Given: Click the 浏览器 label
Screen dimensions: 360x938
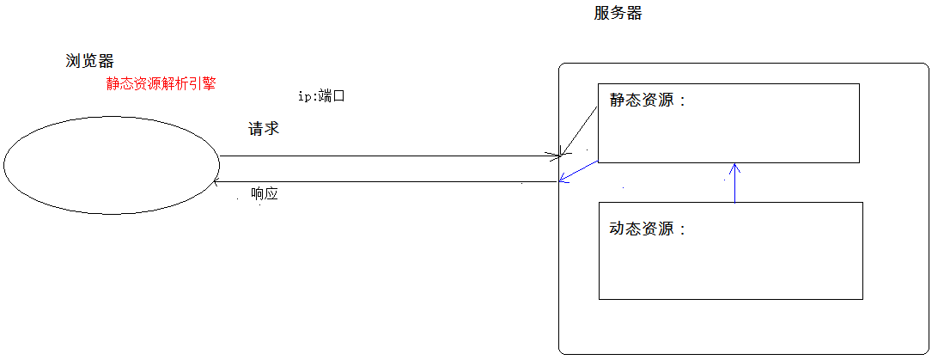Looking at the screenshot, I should coord(90,61).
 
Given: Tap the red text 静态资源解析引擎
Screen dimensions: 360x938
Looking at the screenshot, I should coord(161,84).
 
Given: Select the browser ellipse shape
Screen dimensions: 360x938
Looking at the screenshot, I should coord(112,167).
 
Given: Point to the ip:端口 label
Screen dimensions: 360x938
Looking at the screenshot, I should coord(320,96).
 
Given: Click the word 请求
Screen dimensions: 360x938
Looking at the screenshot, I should coord(264,130).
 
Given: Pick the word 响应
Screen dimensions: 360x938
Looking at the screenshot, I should coord(265,194).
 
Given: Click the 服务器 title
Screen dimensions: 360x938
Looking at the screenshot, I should coord(618,14).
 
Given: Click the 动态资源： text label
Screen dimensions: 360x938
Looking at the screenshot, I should coord(649,229).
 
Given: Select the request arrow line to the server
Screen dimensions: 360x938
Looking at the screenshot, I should coord(387,156).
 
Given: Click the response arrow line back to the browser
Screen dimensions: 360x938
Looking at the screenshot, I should coord(387,181).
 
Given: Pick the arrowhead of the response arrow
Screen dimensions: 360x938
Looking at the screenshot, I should coord(216,181).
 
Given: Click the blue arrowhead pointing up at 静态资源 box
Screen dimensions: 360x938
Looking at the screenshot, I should coord(735,166).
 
